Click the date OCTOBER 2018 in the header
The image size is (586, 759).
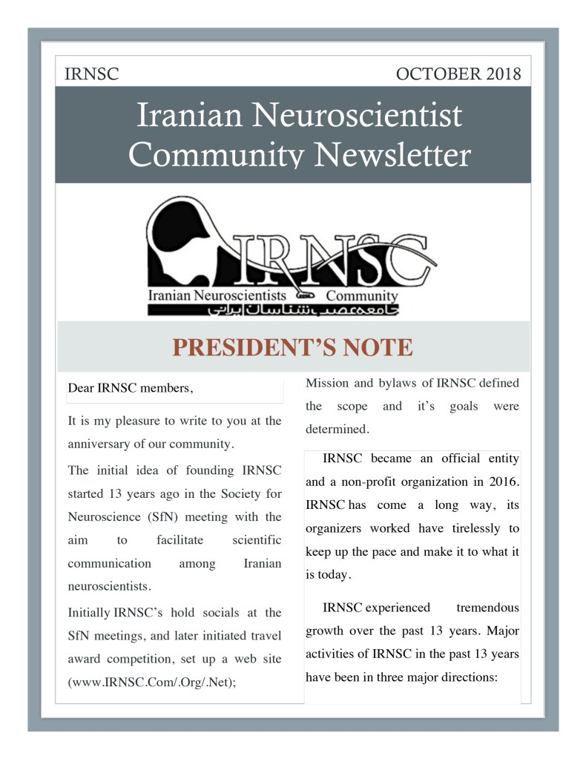click(x=458, y=74)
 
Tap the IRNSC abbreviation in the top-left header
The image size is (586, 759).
click(x=92, y=74)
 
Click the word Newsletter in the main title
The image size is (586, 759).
click(x=394, y=155)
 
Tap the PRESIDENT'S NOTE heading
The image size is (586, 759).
click(x=292, y=347)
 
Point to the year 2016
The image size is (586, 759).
click(x=501, y=482)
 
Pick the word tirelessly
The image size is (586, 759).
click(x=487, y=528)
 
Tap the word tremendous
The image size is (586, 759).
click(x=487, y=608)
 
